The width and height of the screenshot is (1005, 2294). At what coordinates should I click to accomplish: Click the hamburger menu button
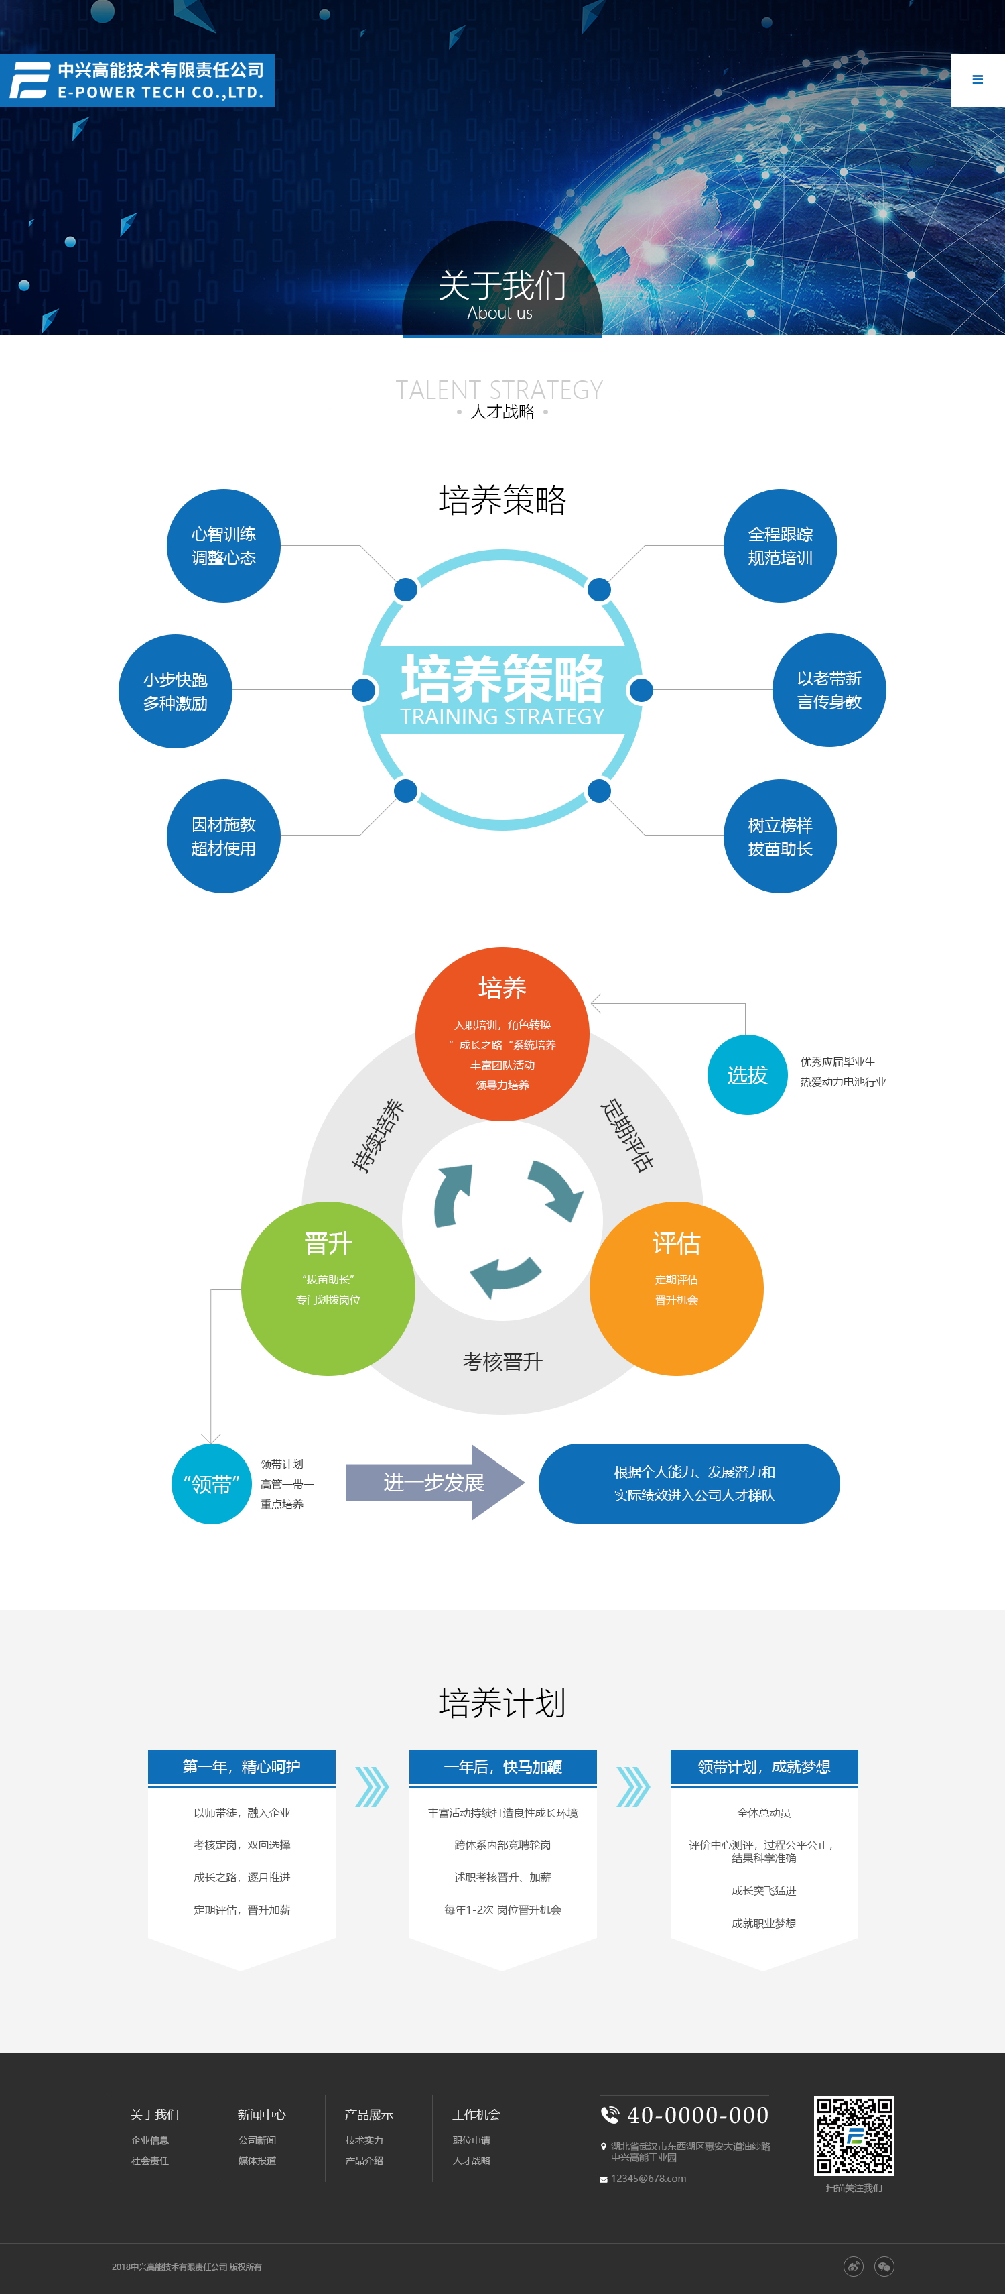tap(978, 80)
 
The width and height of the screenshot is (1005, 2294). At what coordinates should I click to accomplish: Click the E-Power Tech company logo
tap(137, 80)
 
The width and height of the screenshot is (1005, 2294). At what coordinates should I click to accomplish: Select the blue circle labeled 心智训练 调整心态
tap(223, 546)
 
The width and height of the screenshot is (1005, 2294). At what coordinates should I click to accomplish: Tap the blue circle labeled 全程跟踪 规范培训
tap(780, 546)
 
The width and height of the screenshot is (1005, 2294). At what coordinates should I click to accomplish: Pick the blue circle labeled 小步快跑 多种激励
tap(176, 691)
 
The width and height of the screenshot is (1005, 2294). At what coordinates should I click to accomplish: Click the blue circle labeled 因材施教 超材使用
tap(223, 836)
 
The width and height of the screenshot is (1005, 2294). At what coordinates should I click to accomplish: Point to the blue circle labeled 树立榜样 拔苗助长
tap(780, 836)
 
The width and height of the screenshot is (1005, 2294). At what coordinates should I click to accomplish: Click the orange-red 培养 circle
tap(502, 1033)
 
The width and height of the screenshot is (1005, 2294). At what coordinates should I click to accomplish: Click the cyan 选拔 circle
tap(747, 1075)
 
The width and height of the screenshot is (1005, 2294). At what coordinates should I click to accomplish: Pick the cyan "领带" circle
tap(211, 1483)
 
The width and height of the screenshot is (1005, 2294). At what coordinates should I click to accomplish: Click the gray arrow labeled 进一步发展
tap(433, 1483)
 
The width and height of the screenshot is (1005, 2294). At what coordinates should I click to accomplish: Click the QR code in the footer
tap(854, 2134)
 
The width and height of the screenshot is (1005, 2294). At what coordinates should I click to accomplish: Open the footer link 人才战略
tap(471, 2161)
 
